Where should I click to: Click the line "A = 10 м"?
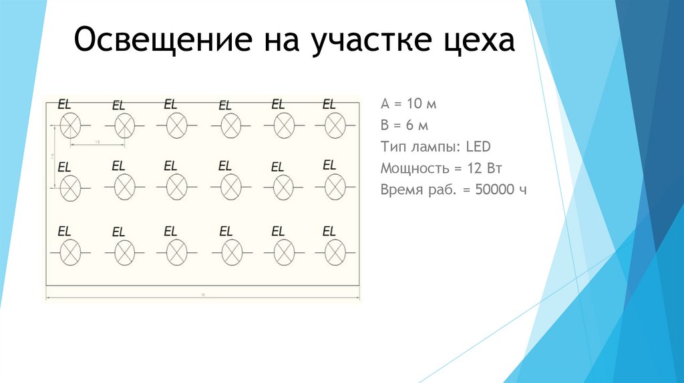coord(408,105)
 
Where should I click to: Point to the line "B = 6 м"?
coord(404,125)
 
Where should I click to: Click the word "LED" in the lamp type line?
coord(478,147)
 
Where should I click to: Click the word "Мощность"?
coord(412,168)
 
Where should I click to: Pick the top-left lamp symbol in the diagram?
coord(70,124)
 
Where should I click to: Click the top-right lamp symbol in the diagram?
coord(335,124)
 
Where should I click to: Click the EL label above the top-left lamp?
coord(65,103)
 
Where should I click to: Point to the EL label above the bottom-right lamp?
coord(329,232)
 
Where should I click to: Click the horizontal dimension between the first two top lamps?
coord(98,144)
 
